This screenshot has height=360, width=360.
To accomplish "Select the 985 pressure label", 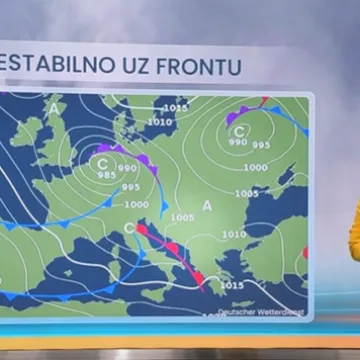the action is coord(106,175).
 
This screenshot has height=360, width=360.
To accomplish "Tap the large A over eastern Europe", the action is coord(208,205).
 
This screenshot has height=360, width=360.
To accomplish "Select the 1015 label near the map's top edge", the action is coord(175,108).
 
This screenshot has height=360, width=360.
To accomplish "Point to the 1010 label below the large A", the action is coord(233,234).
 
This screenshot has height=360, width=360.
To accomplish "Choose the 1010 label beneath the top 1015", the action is coord(160,122).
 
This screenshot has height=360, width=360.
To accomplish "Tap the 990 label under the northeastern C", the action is coord(236,143).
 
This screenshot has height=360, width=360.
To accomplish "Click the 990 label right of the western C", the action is coord(127,168).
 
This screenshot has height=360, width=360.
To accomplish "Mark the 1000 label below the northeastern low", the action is coord(255,167).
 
